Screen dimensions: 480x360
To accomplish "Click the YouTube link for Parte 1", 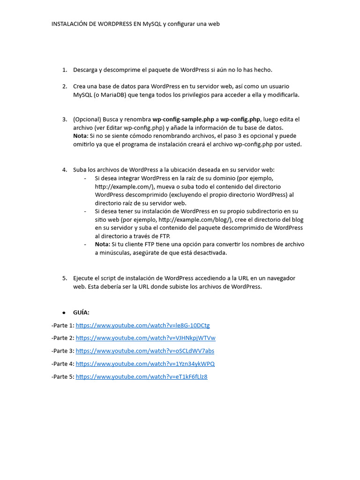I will click(x=142, y=325).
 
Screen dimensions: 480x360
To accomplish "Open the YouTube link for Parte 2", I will click(x=145, y=338).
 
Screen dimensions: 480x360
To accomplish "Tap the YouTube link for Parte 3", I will click(x=145, y=351).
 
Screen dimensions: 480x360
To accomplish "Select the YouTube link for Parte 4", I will click(x=145, y=364).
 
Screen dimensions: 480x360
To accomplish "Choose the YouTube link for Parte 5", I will click(x=142, y=376).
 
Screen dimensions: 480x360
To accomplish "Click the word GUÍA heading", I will click(x=81, y=313).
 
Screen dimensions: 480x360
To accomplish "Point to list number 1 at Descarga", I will click(x=64, y=70).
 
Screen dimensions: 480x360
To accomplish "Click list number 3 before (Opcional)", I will click(x=64, y=120).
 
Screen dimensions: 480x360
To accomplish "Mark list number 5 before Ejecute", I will click(x=64, y=278).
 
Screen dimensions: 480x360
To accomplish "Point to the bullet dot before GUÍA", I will click(x=64, y=313).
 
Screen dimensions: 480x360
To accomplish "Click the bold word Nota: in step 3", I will click(x=81, y=136).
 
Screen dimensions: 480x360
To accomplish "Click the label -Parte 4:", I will click(x=63, y=364).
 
